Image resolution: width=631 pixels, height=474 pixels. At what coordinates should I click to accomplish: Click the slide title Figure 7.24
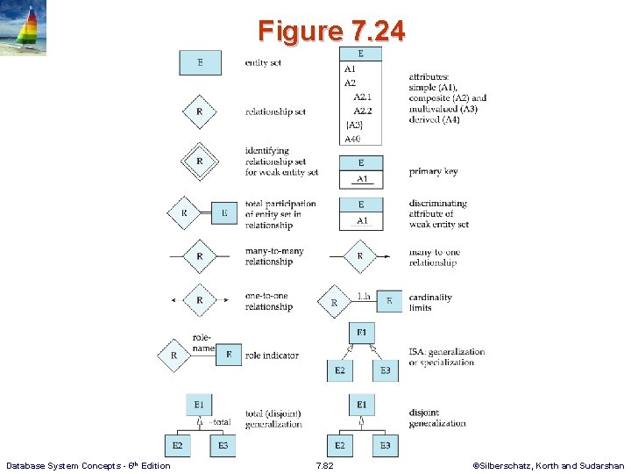pyautogui.click(x=331, y=32)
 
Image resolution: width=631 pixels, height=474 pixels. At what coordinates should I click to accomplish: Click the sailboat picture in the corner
pyautogui.click(x=24, y=28)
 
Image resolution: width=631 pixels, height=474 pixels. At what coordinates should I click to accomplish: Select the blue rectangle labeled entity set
pyautogui.click(x=200, y=62)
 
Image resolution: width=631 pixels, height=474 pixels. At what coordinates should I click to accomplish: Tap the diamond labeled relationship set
pyautogui.click(x=200, y=111)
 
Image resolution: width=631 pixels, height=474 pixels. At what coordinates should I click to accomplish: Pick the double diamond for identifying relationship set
pyautogui.click(x=200, y=161)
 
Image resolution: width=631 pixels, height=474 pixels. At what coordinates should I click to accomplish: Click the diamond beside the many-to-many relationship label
pyautogui.click(x=200, y=256)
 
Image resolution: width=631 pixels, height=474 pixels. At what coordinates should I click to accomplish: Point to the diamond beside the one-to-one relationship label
pyautogui.click(x=200, y=300)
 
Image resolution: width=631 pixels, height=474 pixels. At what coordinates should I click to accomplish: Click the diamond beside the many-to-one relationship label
pyautogui.click(x=359, y=256)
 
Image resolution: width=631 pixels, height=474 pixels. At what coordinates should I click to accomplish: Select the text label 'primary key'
pyautogui.click(x=433, y=172)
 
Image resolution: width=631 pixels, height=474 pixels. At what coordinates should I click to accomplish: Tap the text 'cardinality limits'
pyautogui.click(x=430, y=302)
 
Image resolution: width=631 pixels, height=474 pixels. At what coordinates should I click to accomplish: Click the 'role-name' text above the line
pyautogui.click(x=203, y=343)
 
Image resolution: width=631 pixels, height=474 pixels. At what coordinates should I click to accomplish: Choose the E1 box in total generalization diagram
pyautogui.click(x=199, y=405)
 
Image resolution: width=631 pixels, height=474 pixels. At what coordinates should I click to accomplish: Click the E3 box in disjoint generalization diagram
pyautogui.click(x=385, y=446)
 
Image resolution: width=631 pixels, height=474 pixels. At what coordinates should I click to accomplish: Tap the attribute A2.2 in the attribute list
pyautogui.click(x=363, y=111)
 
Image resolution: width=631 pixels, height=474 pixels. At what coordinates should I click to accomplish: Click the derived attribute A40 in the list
pyautogui.click(x=352, y=139)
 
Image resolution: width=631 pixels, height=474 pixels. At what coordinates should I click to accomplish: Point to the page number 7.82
pyautogui.click(x=324, y=466)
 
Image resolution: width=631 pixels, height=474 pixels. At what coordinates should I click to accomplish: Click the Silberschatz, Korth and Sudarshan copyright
pyautogui.click(x=548, y=466)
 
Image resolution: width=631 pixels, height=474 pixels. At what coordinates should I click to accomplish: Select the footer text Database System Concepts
pyautogui.click(x=88, y=466)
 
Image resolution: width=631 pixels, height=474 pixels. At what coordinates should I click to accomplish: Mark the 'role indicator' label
pyautogui.click(x=272, y=355)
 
